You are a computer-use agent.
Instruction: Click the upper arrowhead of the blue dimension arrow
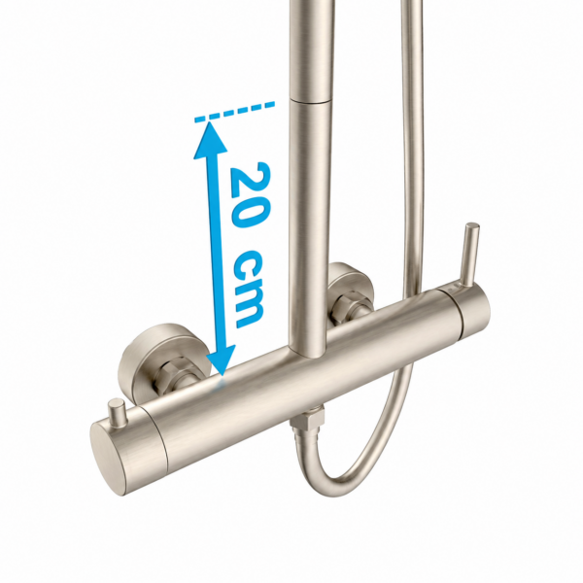210,139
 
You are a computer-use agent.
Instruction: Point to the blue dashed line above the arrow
234,112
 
